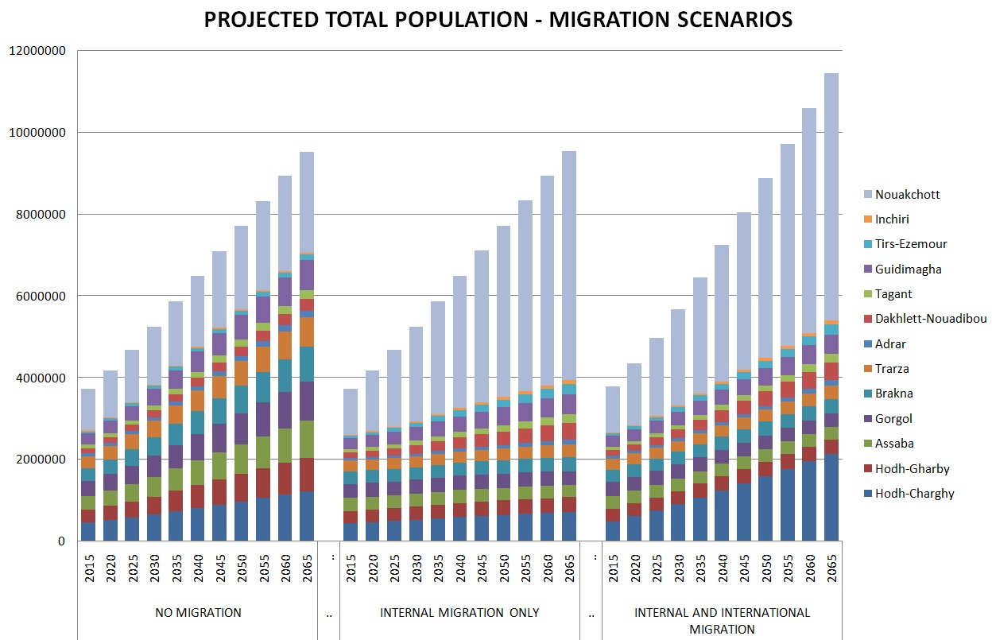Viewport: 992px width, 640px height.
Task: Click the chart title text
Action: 498,20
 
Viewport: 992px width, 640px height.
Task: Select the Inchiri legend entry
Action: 892,219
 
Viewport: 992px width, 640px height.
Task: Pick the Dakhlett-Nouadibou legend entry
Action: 930,319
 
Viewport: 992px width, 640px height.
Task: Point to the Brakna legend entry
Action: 893,394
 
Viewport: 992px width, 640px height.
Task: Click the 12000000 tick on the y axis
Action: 39,50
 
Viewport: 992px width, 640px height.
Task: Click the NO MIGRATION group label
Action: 198,613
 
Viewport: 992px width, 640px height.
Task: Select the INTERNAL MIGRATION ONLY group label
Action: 459,613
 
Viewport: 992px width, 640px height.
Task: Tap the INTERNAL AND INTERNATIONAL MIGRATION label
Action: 722,621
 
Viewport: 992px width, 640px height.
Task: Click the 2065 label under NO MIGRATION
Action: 306,567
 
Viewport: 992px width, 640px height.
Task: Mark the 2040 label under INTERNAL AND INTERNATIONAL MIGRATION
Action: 722,567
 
